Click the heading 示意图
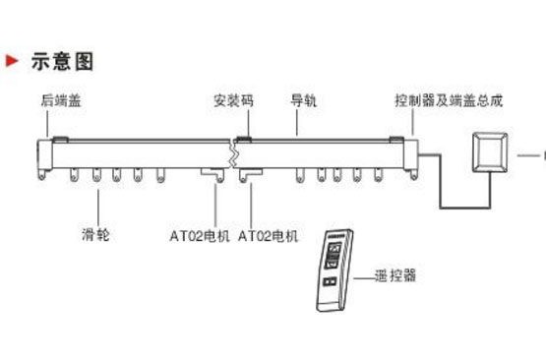tap(63, 61)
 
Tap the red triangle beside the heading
tap(13, 61)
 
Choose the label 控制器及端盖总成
tap(449, 100)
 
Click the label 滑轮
tap(95, 236)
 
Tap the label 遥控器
tap(395, 276)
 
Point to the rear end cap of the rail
tap(43, 157)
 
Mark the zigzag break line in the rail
tap(233, 155)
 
